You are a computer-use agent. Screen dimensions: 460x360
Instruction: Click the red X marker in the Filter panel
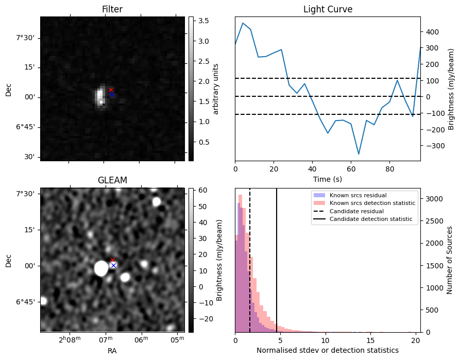(111, 90)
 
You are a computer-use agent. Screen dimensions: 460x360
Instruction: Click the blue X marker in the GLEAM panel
(113, 266)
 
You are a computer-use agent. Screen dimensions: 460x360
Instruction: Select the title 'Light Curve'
(328, 9)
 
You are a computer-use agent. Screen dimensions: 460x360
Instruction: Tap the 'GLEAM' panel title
(112, 180)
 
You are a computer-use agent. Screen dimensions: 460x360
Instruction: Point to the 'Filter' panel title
(112, 9)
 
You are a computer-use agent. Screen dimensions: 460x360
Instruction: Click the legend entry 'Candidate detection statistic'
(371, 219)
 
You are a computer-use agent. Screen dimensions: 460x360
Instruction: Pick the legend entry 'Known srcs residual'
(358, 195)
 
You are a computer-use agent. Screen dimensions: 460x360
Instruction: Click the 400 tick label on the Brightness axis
(432, 32)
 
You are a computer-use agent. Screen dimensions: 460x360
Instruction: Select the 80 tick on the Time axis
(389, 169)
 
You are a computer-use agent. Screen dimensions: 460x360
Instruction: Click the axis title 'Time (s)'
(328, 179)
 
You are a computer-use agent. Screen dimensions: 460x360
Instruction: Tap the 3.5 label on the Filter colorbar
(203, 21)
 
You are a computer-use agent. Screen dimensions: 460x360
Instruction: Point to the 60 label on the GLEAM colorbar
(202, 191)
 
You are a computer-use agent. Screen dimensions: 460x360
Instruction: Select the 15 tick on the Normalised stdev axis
(370, 340)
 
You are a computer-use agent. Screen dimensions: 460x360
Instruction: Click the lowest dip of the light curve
(359, 154)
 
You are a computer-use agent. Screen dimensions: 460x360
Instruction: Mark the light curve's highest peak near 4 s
(243, 23)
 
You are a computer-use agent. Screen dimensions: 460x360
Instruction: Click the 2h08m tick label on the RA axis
(70, 340)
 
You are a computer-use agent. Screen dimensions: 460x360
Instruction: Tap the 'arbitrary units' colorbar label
(216, 89)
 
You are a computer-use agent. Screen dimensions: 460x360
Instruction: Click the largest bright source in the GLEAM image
(101, 268)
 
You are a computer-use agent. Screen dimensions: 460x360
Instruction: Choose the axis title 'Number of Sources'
(449, 260)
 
